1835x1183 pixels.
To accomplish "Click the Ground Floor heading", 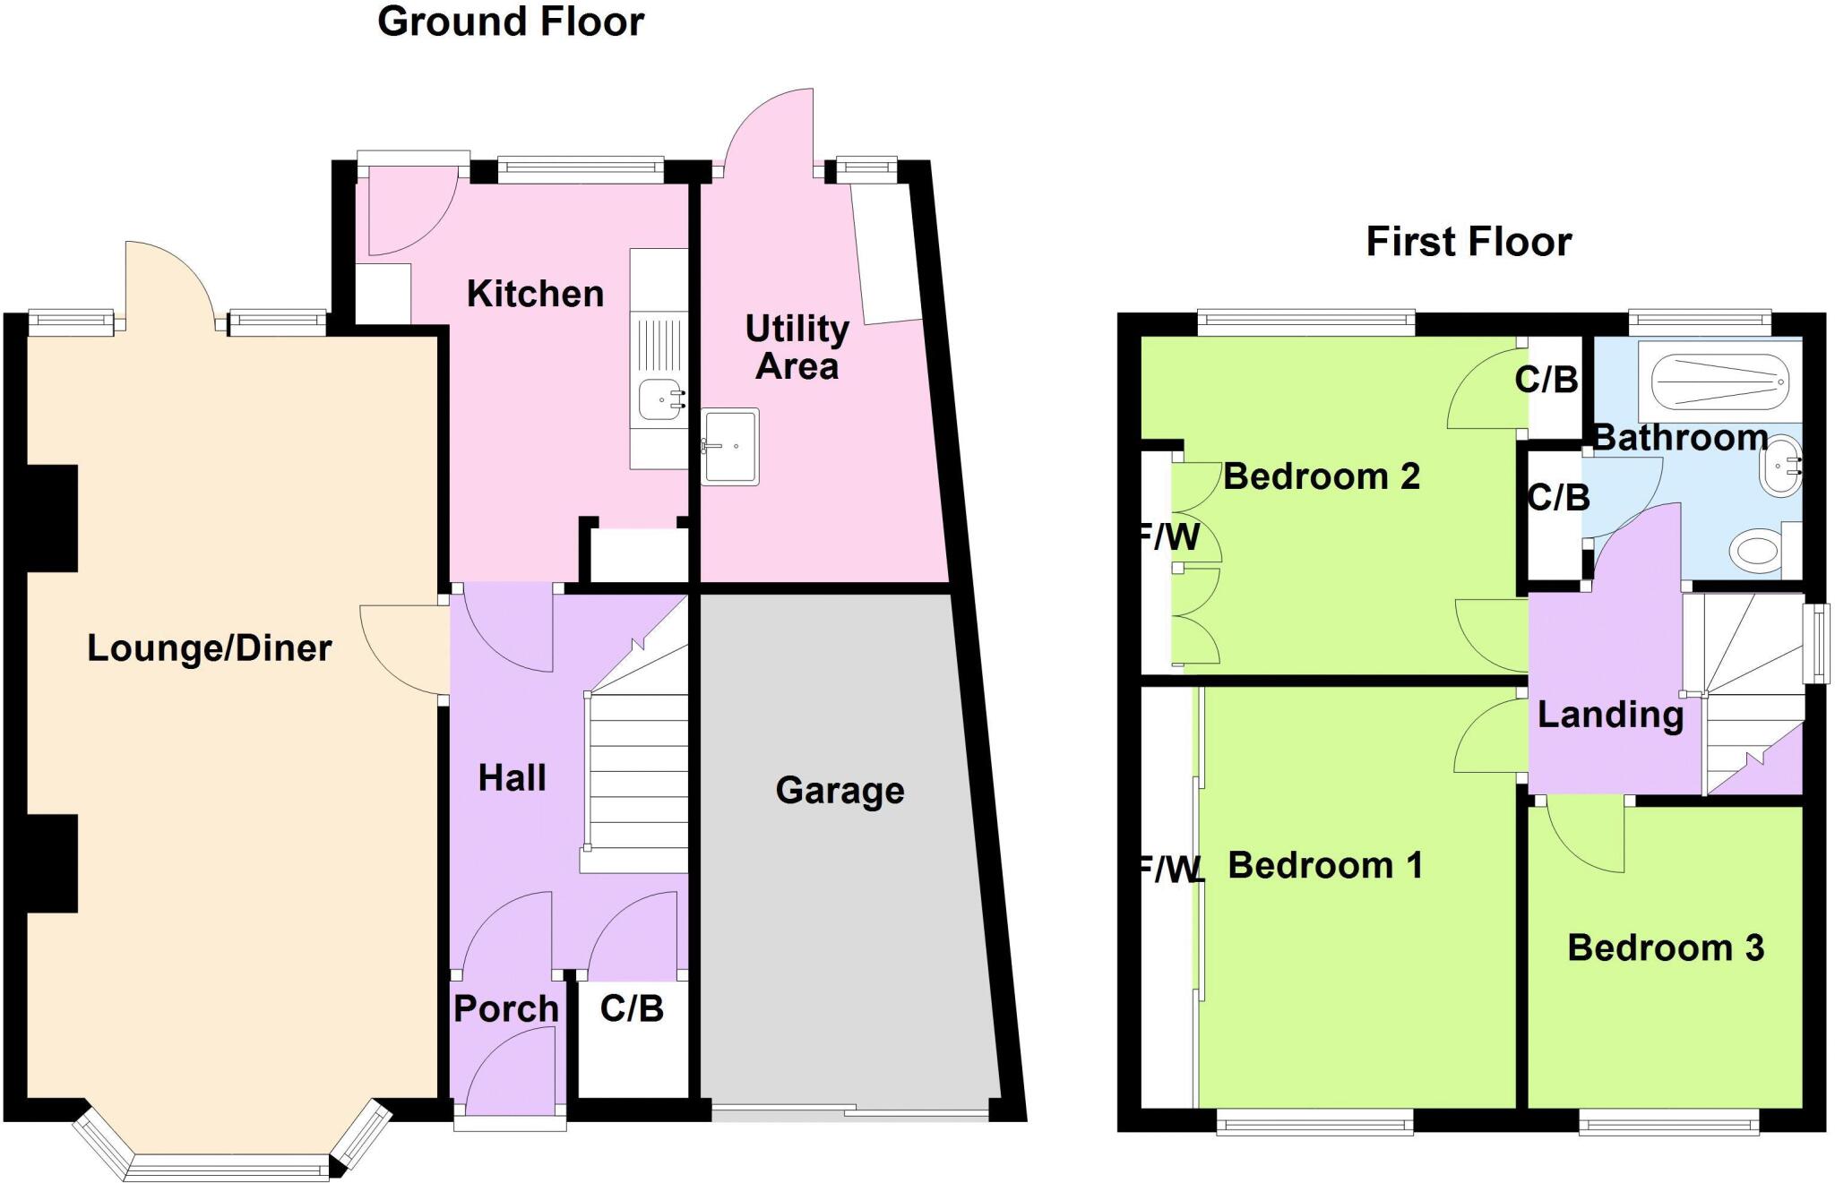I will (x=511, y=21).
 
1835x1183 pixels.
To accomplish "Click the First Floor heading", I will (x=1469, y=242).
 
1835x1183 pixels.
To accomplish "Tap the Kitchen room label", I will (x=535, y=294).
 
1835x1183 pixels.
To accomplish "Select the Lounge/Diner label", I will (x=209, y=647).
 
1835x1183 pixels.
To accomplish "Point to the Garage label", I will (x=840, y=791).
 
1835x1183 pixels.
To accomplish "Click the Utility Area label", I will (x=797, y=347).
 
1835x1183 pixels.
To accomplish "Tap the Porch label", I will (x=506, y=1008).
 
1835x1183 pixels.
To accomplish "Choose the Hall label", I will (x=512, y=777).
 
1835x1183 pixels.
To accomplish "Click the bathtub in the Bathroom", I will (x=1712, y=382).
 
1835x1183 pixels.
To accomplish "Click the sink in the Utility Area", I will (x=729, y=446).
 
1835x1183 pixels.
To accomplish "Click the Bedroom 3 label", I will (x=1665, y=947).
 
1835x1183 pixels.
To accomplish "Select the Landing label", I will (x=1610, y=715).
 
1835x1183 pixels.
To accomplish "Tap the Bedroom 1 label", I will (x=1324, y=865).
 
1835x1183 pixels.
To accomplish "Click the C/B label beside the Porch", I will (x=632, y=1008).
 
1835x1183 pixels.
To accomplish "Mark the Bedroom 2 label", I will (x=1322, y=476).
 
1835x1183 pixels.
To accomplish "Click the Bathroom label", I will (x=1681, y=437).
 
